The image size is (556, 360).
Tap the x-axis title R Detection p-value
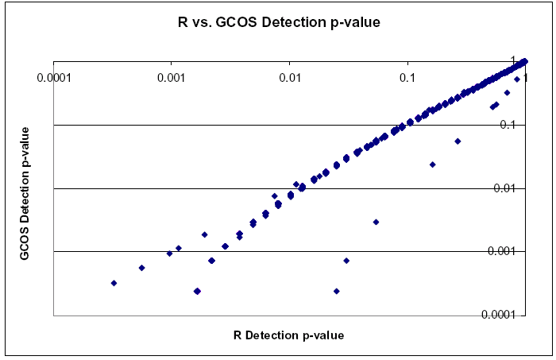point(289,335)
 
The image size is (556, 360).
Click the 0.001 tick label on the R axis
point(171,78)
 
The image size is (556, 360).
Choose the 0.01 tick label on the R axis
point(289,78)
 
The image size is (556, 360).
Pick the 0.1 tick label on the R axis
point(407,78)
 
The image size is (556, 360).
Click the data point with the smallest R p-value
point(114,283)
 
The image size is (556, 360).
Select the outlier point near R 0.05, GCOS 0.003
point(376,222)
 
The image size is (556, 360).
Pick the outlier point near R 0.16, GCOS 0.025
point(432,165)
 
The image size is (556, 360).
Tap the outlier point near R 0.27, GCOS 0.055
point(458,141)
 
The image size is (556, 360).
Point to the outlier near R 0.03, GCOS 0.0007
point(346,261)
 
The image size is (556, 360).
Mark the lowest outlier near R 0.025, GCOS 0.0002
point(336,291)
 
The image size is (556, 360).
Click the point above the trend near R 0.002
point(204,234)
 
